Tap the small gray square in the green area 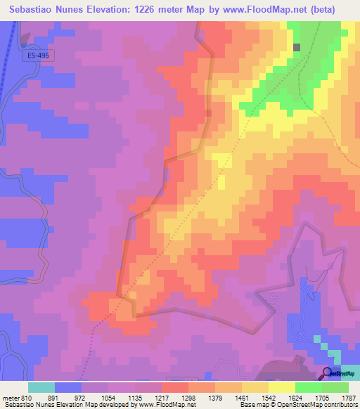(x=297, y=47)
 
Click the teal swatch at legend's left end (x=41, y=388)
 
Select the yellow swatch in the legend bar (x=281, y=388)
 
